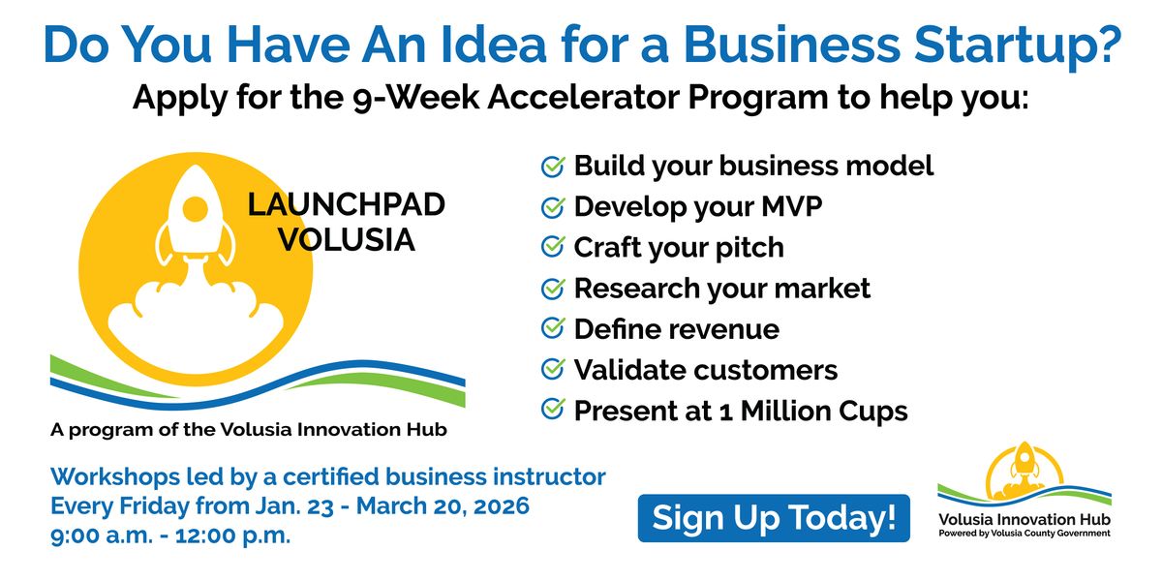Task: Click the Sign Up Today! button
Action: pos(774,518)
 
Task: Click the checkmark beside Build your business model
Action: pos(553,167)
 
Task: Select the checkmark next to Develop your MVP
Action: pos(553,207)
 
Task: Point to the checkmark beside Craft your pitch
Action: pos(553,248)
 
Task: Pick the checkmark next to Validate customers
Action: pos(553,370)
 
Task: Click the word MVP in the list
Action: pos(792,206)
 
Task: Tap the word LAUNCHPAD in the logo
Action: pos(346,204)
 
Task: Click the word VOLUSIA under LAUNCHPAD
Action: pos(347,240)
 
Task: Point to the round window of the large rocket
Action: pos(196,209)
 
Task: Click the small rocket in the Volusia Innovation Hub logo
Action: pos(1024,461)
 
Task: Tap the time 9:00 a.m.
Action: pos(102,535)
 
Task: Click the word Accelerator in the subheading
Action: pos(584,97)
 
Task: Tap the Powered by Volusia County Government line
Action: pos(1024,534)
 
